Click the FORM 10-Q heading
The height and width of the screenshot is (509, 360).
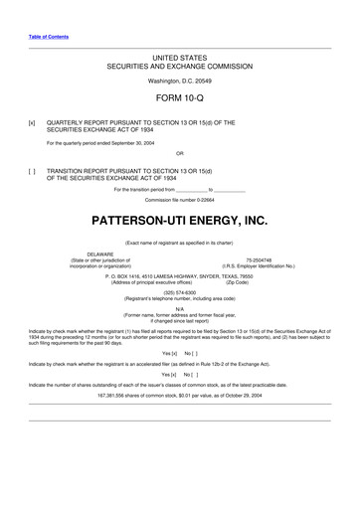180,99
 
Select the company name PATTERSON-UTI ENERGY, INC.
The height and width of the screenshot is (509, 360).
180,219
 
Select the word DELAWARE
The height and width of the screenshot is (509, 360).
100,254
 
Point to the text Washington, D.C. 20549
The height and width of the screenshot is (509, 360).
180,80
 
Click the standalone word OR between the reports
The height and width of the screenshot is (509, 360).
180,153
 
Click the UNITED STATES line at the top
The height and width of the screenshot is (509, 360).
180,61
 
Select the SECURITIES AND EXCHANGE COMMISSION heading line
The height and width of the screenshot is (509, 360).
180,68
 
